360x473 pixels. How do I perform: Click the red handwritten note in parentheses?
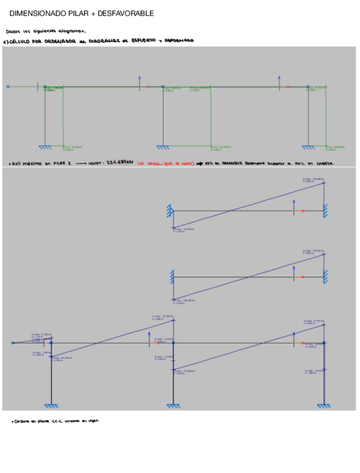click(165, 163)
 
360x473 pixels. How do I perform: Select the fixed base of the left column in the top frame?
click(45, 147)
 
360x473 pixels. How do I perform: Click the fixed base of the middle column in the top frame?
click(163, 147)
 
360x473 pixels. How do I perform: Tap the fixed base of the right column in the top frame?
click(308, 147)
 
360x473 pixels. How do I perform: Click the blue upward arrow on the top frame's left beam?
click(140, 80)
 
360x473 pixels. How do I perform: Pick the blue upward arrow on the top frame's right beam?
click(280, 80)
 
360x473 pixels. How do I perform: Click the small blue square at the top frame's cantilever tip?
click(8, 86)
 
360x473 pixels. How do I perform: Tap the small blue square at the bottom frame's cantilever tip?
click(12, 343)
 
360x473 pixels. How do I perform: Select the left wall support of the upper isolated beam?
click(169, 211)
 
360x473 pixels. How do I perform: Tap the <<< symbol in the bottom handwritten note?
click(56, 421)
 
